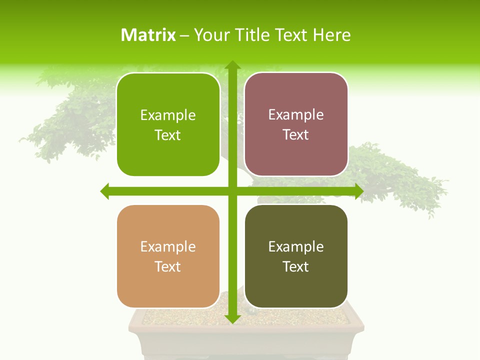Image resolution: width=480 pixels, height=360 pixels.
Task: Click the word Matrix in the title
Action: pyautogui.click(x=148, y=35)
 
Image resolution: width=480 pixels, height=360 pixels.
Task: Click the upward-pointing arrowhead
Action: pyautogui.click(x=232, y=65)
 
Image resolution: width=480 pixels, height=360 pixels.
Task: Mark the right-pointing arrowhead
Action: pyautogui.click(x=358, y=191)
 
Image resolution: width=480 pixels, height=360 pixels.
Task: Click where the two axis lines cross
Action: pyautogui.click(x=232, y=191)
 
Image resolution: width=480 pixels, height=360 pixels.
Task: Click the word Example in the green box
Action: pyautogui.click(x=168, y=115)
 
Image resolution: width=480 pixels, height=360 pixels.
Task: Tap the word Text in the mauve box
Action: pyautogui.click(x=296, y=134)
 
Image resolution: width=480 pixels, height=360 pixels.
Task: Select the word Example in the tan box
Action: pyautogui.click(x=168, y=247)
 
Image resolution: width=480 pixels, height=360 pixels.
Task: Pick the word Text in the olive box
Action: pyautogui.click(x=296, y=266)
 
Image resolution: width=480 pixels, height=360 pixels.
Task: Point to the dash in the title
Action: pyautogui.click(x=184, y=35)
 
